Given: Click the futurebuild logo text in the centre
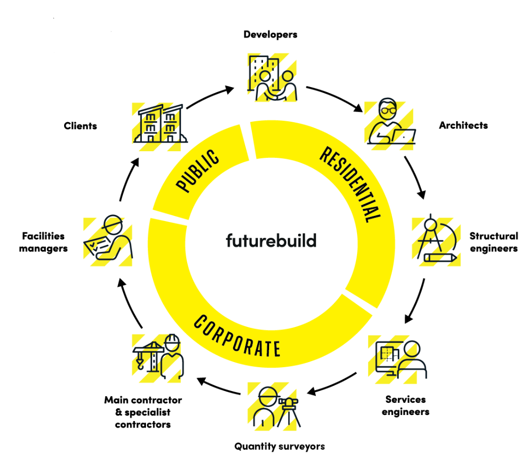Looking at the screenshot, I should point(271,240).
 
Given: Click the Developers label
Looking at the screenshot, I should point(270,35).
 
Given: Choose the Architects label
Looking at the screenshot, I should point(463,125).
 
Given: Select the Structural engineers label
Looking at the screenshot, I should point(493,242).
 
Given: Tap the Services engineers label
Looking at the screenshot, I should point(405,405).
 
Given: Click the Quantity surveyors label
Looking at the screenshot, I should point(279,447).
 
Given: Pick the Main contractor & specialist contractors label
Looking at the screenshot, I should point(143,412).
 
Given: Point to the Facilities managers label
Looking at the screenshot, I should point(43,242).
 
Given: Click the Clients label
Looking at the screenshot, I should point(80,126).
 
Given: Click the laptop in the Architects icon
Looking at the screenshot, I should point(404,136).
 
